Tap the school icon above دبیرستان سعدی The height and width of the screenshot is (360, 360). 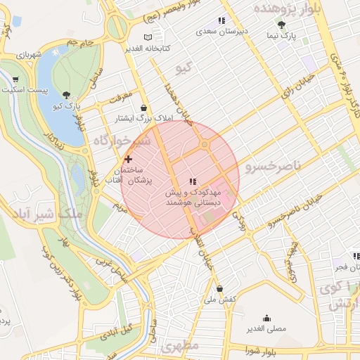tap(222, 20)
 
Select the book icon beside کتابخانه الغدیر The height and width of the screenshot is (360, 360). tap(147, 37)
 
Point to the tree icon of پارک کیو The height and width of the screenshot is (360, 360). tap(67, 94)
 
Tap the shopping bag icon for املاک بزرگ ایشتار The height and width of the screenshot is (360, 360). tap(144, 108)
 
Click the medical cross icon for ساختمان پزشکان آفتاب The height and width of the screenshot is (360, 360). tap(127, 160)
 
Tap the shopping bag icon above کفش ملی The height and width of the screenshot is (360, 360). tap(220, 288)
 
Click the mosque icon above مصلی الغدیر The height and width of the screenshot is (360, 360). tap(266, 317)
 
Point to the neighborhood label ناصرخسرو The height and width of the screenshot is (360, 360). tap(273, 165)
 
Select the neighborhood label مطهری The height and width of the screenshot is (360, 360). tap(180, 347)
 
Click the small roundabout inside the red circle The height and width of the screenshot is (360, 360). tap(205, 145)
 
